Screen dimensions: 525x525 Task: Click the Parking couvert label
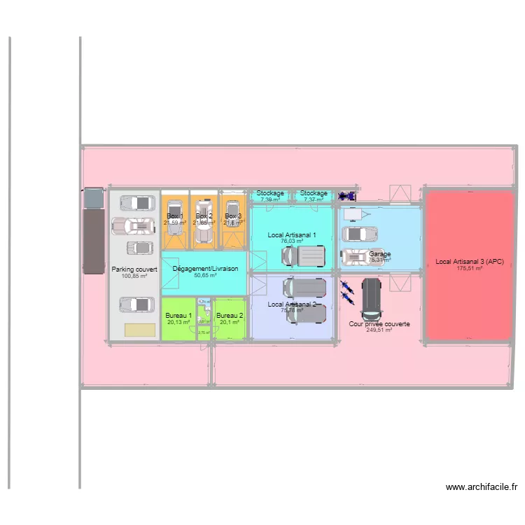pyautogui.click(x=134, y=269)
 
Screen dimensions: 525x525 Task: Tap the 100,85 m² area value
pyautogui.click(x=134, y=276)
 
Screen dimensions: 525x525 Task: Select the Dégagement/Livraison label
pyautogui.click(x=205, y=269)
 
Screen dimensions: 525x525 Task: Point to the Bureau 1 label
pyautogui.click(x=178, y=316)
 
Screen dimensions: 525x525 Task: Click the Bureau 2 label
pyautogui.click(x=230, y=316)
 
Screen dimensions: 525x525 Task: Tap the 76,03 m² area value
pyautogui.click(x=292, y=241)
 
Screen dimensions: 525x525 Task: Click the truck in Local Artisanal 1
pyautogui.click(x=305, y=255)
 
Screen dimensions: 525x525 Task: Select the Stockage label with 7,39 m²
pyautogui.click(x=270, y=193)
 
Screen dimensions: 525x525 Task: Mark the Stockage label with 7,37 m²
pyautogui.click(x=314, y=193)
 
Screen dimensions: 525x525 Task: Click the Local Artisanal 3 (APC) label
pyautogui.click(x=470, y=262)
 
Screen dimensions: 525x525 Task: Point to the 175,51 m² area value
pyautogui.click(x=470, y=268)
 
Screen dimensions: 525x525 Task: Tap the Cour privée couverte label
pyautogui.click(x=379, y=324)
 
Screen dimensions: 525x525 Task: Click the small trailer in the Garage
pyautogui.click(x=354, y=213)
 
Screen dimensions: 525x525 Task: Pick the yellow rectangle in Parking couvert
pyautogui.click(x=140, y=330)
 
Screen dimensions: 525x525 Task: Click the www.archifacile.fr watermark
pyautogui.click(x=482, y=487)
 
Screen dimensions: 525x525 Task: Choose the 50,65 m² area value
pyautogui.click(x=205, y=276)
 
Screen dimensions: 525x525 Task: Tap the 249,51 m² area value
pyautogui.click(x=379, y=330)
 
